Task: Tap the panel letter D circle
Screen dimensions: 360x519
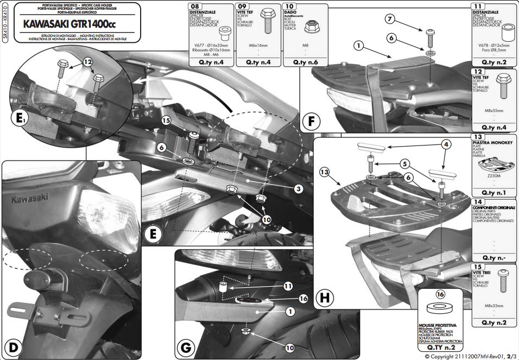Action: click(x=13, y=346)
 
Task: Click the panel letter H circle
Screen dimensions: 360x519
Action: click(x=325, y=297)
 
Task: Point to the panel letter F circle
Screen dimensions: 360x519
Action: click(x=311, y=121)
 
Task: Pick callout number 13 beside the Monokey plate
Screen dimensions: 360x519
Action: click(x=325, y=172)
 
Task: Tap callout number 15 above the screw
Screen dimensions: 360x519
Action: click(x=166, y=120)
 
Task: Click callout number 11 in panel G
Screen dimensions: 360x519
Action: click(x=288, y=285)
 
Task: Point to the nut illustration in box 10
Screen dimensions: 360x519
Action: click(x=311, y=26)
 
